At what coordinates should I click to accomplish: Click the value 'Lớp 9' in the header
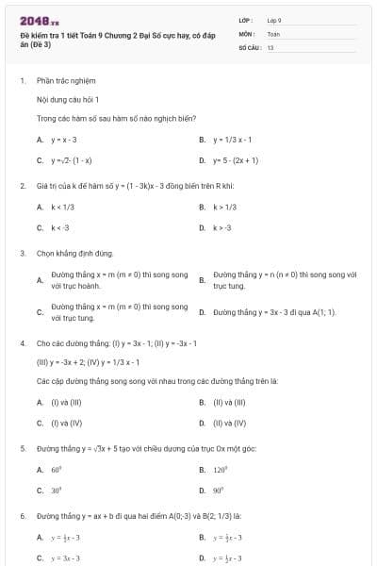coord(274,19)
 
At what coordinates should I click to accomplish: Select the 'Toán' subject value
coord(273,33)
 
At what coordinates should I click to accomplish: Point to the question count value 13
coord(270,46)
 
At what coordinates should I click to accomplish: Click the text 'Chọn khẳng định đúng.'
coord(74,253)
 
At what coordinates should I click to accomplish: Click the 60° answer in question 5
coord(56,469)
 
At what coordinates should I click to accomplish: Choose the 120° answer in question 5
coord(221,469)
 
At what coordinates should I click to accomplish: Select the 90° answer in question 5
coord(219,491)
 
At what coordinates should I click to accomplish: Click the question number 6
coord(22,516)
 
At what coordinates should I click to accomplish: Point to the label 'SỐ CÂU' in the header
coord(249,46)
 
